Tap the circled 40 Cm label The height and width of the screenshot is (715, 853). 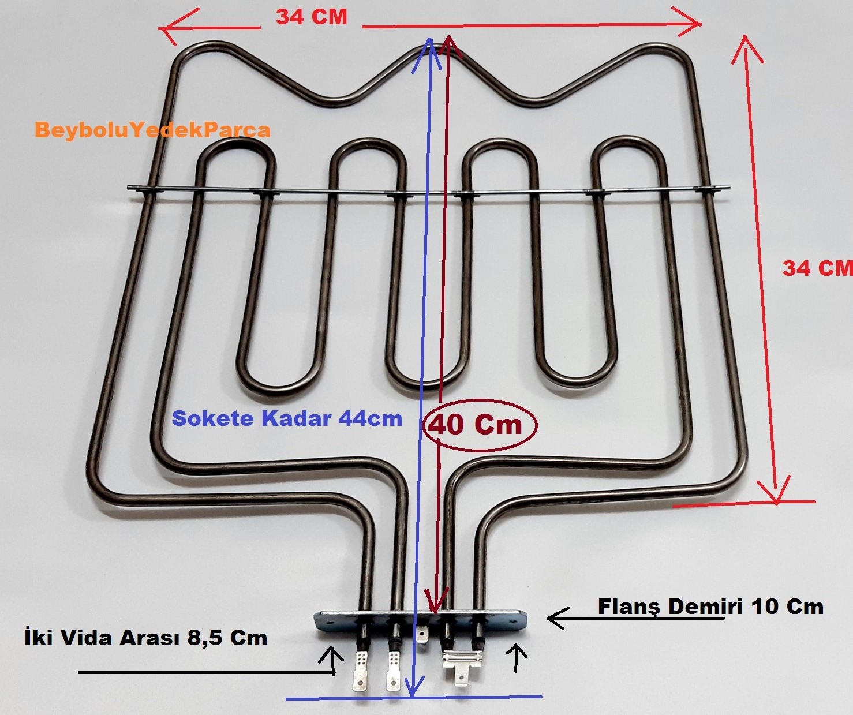[x=476, y=425]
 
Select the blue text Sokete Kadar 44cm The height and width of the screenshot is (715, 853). [x=287, y=419]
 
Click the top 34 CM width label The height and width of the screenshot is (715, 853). [x=311, y=17]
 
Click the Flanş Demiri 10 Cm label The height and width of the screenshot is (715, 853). [x=710, y=607]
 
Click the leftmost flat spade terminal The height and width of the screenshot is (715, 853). [x=360, y=672]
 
